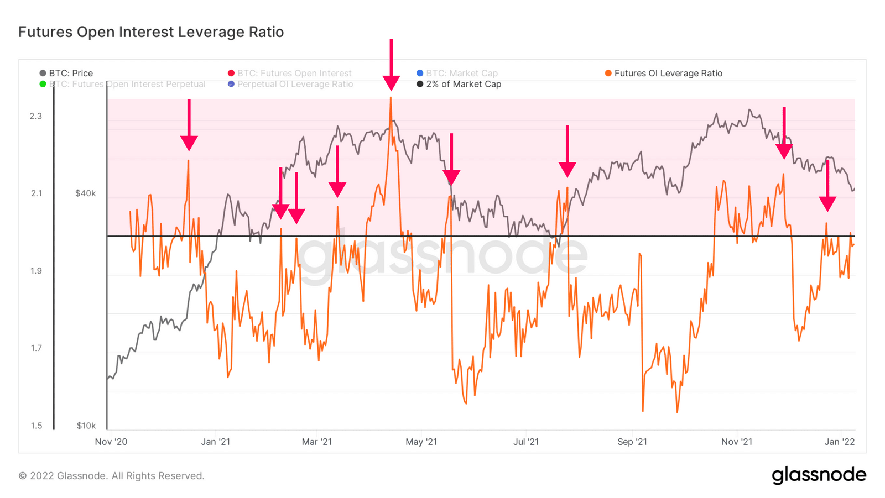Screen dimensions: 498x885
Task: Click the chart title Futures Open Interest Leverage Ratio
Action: (151, 32)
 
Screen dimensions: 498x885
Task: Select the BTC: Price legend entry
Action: (66, 73)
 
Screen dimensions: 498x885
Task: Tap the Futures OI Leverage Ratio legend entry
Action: (664, 73)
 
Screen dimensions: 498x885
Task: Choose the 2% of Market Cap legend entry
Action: (459, 84)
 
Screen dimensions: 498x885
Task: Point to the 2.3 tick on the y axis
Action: (36, 116)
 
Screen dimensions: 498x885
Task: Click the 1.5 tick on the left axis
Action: (36, 426)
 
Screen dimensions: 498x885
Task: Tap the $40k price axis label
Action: (86, 193)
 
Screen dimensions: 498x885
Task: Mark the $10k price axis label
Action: (86, 426)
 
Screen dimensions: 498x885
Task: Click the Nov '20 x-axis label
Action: (111, 442)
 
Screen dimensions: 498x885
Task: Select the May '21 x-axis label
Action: (421, 442)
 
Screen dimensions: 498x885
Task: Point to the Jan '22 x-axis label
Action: (840, 442)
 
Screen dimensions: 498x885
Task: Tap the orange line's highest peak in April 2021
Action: (391, 98)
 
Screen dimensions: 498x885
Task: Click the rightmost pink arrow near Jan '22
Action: (827, 188)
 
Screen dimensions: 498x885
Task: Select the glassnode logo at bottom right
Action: (819, 475)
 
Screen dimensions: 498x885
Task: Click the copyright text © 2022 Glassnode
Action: (111, 476)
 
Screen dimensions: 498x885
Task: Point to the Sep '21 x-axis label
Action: (632, 442)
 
